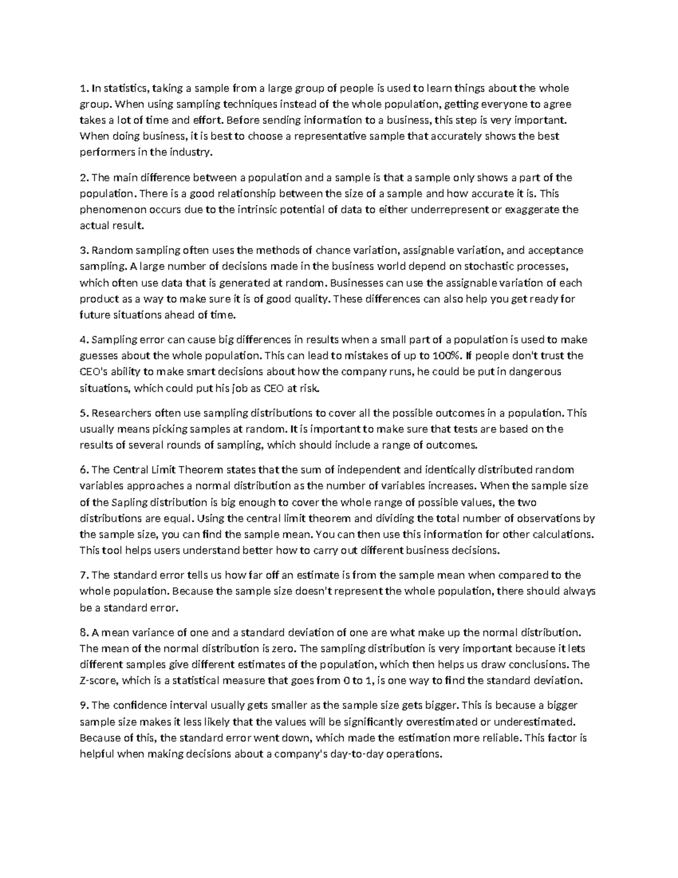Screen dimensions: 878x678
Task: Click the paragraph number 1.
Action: [x=83, y=88]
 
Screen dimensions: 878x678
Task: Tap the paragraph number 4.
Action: [x=84, y=340]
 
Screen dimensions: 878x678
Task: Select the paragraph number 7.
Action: [x=84, y=576]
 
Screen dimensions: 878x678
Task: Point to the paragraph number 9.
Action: [x=84, y=706]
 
